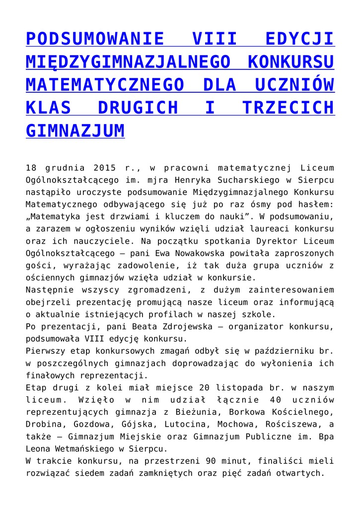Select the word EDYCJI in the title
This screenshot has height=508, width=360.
click(x=299, y=39)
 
